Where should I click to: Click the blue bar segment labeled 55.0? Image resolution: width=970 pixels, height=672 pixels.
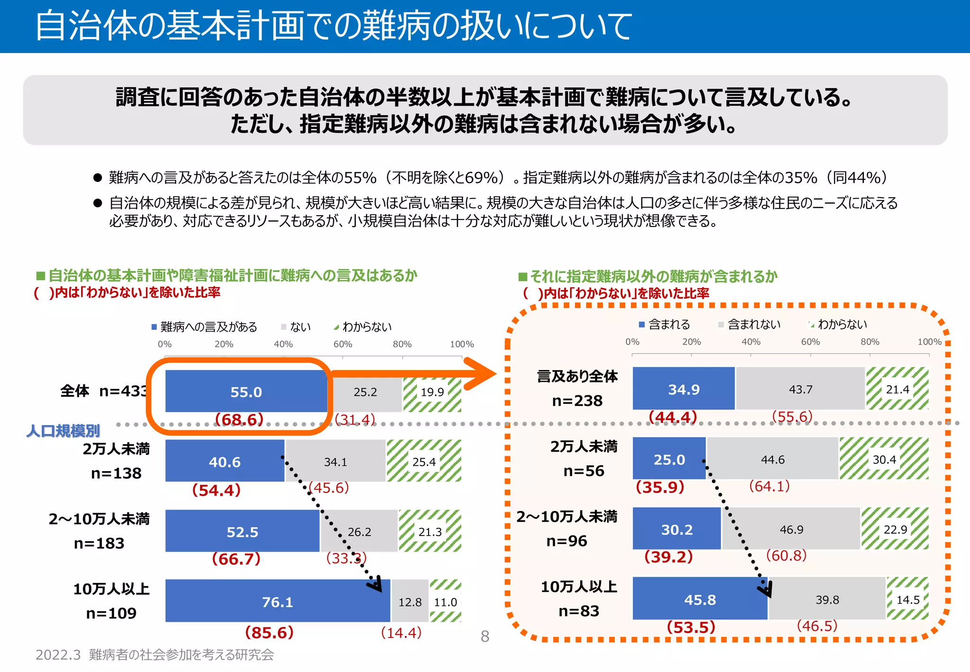click(246, 391)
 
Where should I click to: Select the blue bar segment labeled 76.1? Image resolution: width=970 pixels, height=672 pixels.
click(278, 601)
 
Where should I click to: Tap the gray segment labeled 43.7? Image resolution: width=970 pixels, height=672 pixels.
click(800, 389)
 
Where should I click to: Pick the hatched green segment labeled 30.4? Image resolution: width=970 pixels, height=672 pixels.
click(884, 459)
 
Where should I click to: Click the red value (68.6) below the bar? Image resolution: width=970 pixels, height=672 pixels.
click(239, 419)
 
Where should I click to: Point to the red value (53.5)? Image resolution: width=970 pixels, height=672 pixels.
click(691, 627)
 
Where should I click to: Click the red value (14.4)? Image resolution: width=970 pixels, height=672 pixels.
click(401, 633)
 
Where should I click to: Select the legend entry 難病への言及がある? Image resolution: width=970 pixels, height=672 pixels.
click(208, 327)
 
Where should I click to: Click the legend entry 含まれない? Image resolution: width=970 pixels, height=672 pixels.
click(753, 325)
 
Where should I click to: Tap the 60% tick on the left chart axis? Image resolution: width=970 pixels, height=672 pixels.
click(342, 345)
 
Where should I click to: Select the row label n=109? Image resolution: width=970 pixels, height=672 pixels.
click(111, 613)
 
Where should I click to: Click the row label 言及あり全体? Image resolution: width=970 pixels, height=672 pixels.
click(577, 377)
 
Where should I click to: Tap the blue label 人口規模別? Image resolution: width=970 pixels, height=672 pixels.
click(63, 431)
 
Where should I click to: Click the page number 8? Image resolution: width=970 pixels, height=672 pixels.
click(485, 636)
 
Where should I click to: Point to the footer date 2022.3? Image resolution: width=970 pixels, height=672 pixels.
click(58, 655)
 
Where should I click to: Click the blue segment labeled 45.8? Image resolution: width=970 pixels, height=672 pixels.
click(700, 599)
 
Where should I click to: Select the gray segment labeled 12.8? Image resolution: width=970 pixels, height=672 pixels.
click(410, 602)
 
